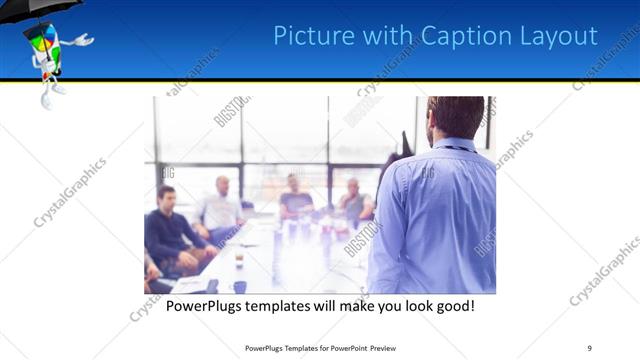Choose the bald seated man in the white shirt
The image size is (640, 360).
[222, 206]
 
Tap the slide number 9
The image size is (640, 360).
[590, 348]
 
